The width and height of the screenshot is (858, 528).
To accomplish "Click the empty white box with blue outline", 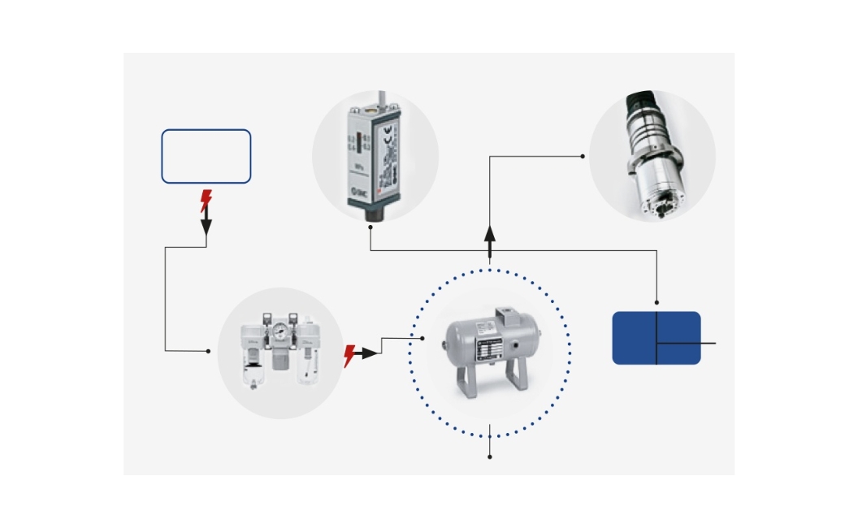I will tap(206, 156).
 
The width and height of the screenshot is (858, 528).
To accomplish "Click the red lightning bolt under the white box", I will tap(206, 200).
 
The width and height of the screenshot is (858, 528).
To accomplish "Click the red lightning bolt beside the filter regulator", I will tap(349, 355).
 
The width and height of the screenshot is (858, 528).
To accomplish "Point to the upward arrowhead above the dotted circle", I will tap(490, 235).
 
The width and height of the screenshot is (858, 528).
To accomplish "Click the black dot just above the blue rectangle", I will tap(656, 303).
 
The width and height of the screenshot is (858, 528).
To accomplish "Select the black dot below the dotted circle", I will tap(490, 457).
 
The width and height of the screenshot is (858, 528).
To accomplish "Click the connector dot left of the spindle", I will tap(583, 156).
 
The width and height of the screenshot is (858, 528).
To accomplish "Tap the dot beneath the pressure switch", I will tap(371, 228).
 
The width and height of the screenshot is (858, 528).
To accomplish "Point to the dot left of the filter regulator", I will tap(209, 351).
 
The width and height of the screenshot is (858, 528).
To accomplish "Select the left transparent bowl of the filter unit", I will tap(253, 374).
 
